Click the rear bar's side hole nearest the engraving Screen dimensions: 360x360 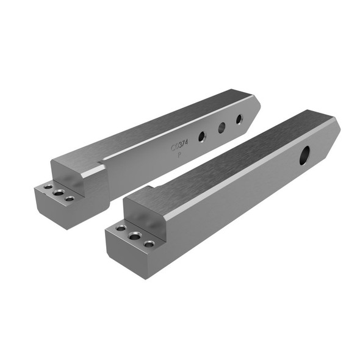(201, 136)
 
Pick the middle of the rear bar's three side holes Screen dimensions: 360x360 (221, 127)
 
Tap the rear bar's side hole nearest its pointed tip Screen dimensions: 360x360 (239, 118)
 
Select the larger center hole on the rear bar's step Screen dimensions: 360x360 (59, 193)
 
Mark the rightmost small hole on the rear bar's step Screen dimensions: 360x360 (69, 198)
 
